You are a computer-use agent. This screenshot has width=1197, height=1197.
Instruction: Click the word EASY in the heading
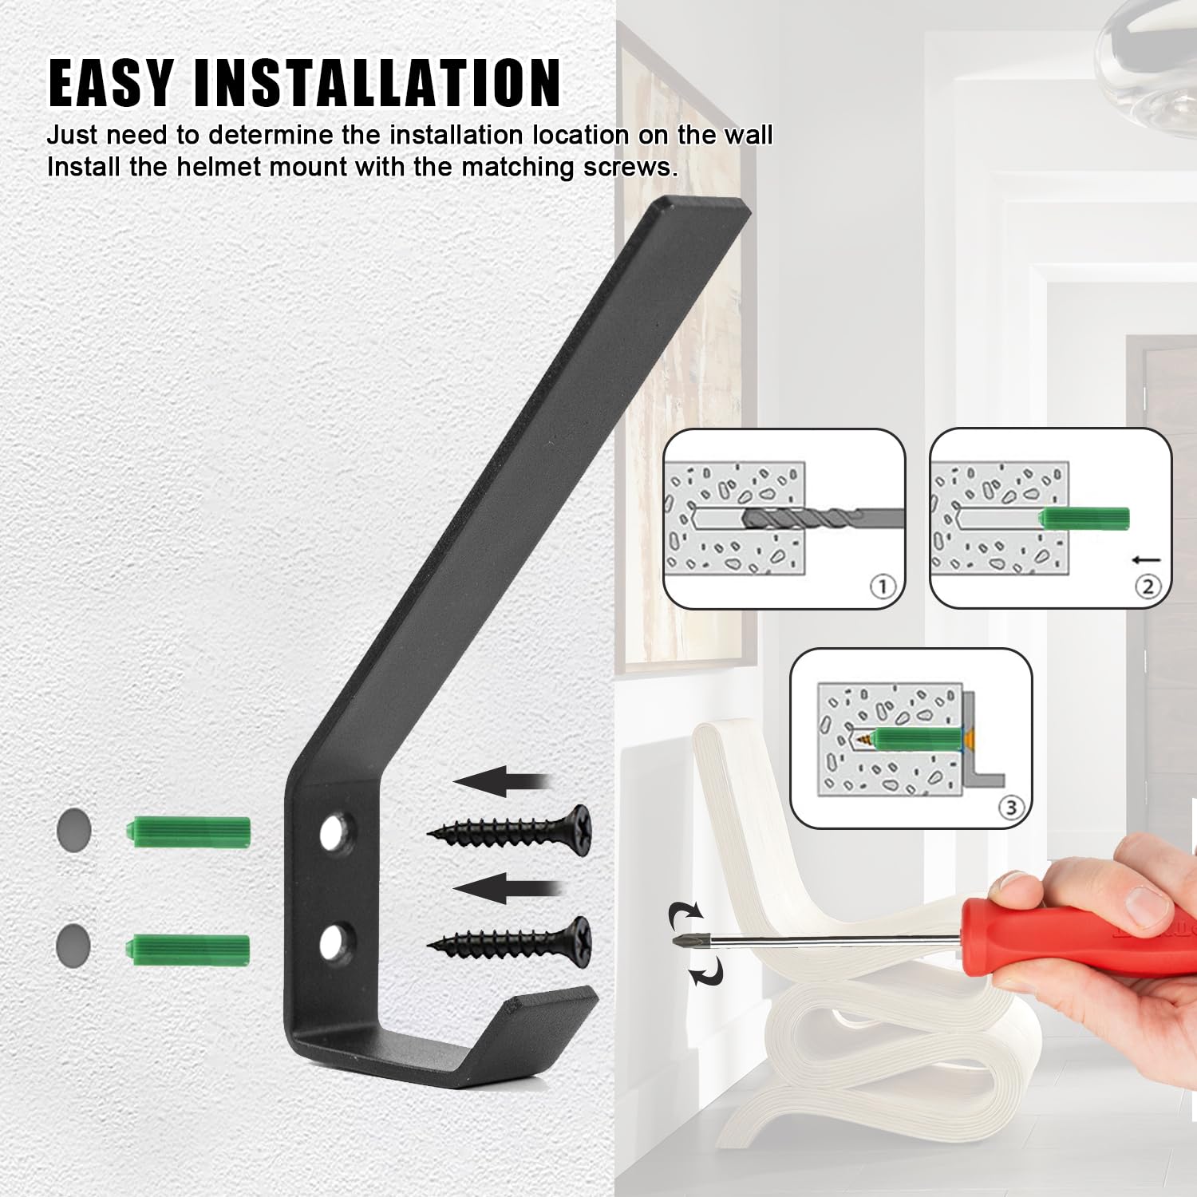pyautogui.click(x=111, y=83)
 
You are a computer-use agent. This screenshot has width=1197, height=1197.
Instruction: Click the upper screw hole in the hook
pyautogui.click(x=334, y=834)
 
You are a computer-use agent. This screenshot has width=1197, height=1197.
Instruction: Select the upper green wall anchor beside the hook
pyautogui.click(x=188, y=832)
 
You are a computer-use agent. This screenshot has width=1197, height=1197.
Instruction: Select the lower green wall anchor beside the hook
pyautogui.click(x=188, y=948)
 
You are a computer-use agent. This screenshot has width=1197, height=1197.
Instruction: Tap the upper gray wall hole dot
pyautogui.click(x=73, y=831)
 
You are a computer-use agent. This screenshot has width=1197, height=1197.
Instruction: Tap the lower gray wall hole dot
pyautogui.click(x=73, y=946)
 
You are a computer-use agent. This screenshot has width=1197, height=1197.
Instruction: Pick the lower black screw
pyautogui.click(x=509, y=942)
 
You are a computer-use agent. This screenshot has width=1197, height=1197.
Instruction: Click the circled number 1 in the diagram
pyautogui.click(x=883, y=587)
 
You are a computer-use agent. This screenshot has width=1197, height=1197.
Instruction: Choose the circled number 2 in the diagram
pyautogui.click(x=1148, y=587)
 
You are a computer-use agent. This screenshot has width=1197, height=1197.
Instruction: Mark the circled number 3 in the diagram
pyautogui.click(x=1011, y=808)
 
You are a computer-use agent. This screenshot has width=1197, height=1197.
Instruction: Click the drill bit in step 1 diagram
pyautogui.click(x=822, y=518)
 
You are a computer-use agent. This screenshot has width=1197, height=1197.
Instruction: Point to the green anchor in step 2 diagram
pyautogui.click(x=1084, y=518)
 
